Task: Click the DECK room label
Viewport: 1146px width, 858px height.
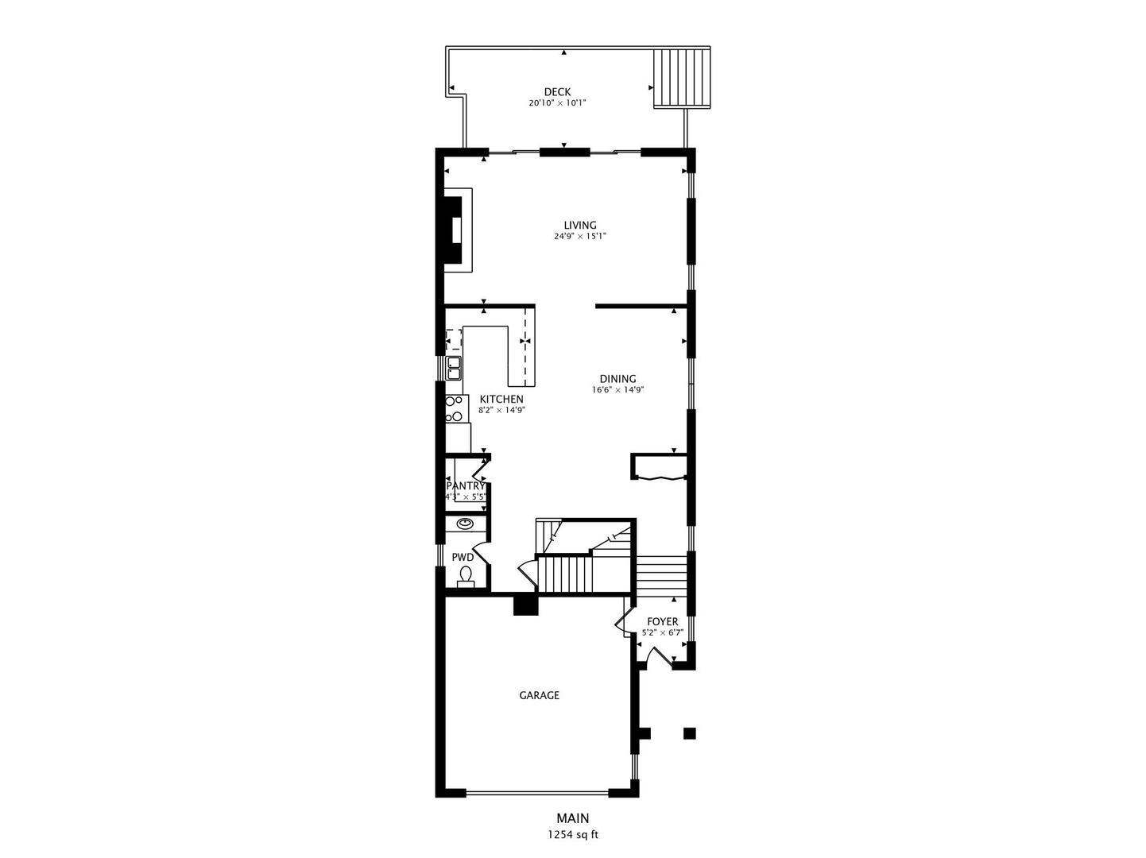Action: pyautogui.click(x=557, y=92)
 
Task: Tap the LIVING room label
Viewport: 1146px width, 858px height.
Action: pyautogui.click(x=579, y=225)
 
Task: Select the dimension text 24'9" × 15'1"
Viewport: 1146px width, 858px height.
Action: pyautogui.click(x=579, y=236)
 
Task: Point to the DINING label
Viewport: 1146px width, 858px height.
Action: pyautogui.click(x=618, y=379)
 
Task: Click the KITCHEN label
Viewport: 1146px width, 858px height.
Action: pyautogui.click(x=501, y=400)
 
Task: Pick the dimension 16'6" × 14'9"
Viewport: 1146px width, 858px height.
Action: pyautogui.click(x=618, y=390)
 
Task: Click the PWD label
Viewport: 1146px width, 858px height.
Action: pyautogui.click(x=463, y=558)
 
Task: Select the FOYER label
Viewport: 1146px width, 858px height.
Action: pyautogui.click(x=663, y=621)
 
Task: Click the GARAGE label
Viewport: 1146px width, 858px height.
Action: pyautogui.click(x=540, y=695)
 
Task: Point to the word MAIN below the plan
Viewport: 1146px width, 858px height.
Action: pyautogui.click(x=573, y=817)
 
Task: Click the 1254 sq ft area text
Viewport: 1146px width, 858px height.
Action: pyautogui.click(x=573, y=834)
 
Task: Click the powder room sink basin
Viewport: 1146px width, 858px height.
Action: pyautogui.click(x=464, y=524)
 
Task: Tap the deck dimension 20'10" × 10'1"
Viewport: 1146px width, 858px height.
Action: pyautogui.click(x=557, y=103)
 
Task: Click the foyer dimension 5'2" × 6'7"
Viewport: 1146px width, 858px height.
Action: pyautogui.click(x=663, y=633)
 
